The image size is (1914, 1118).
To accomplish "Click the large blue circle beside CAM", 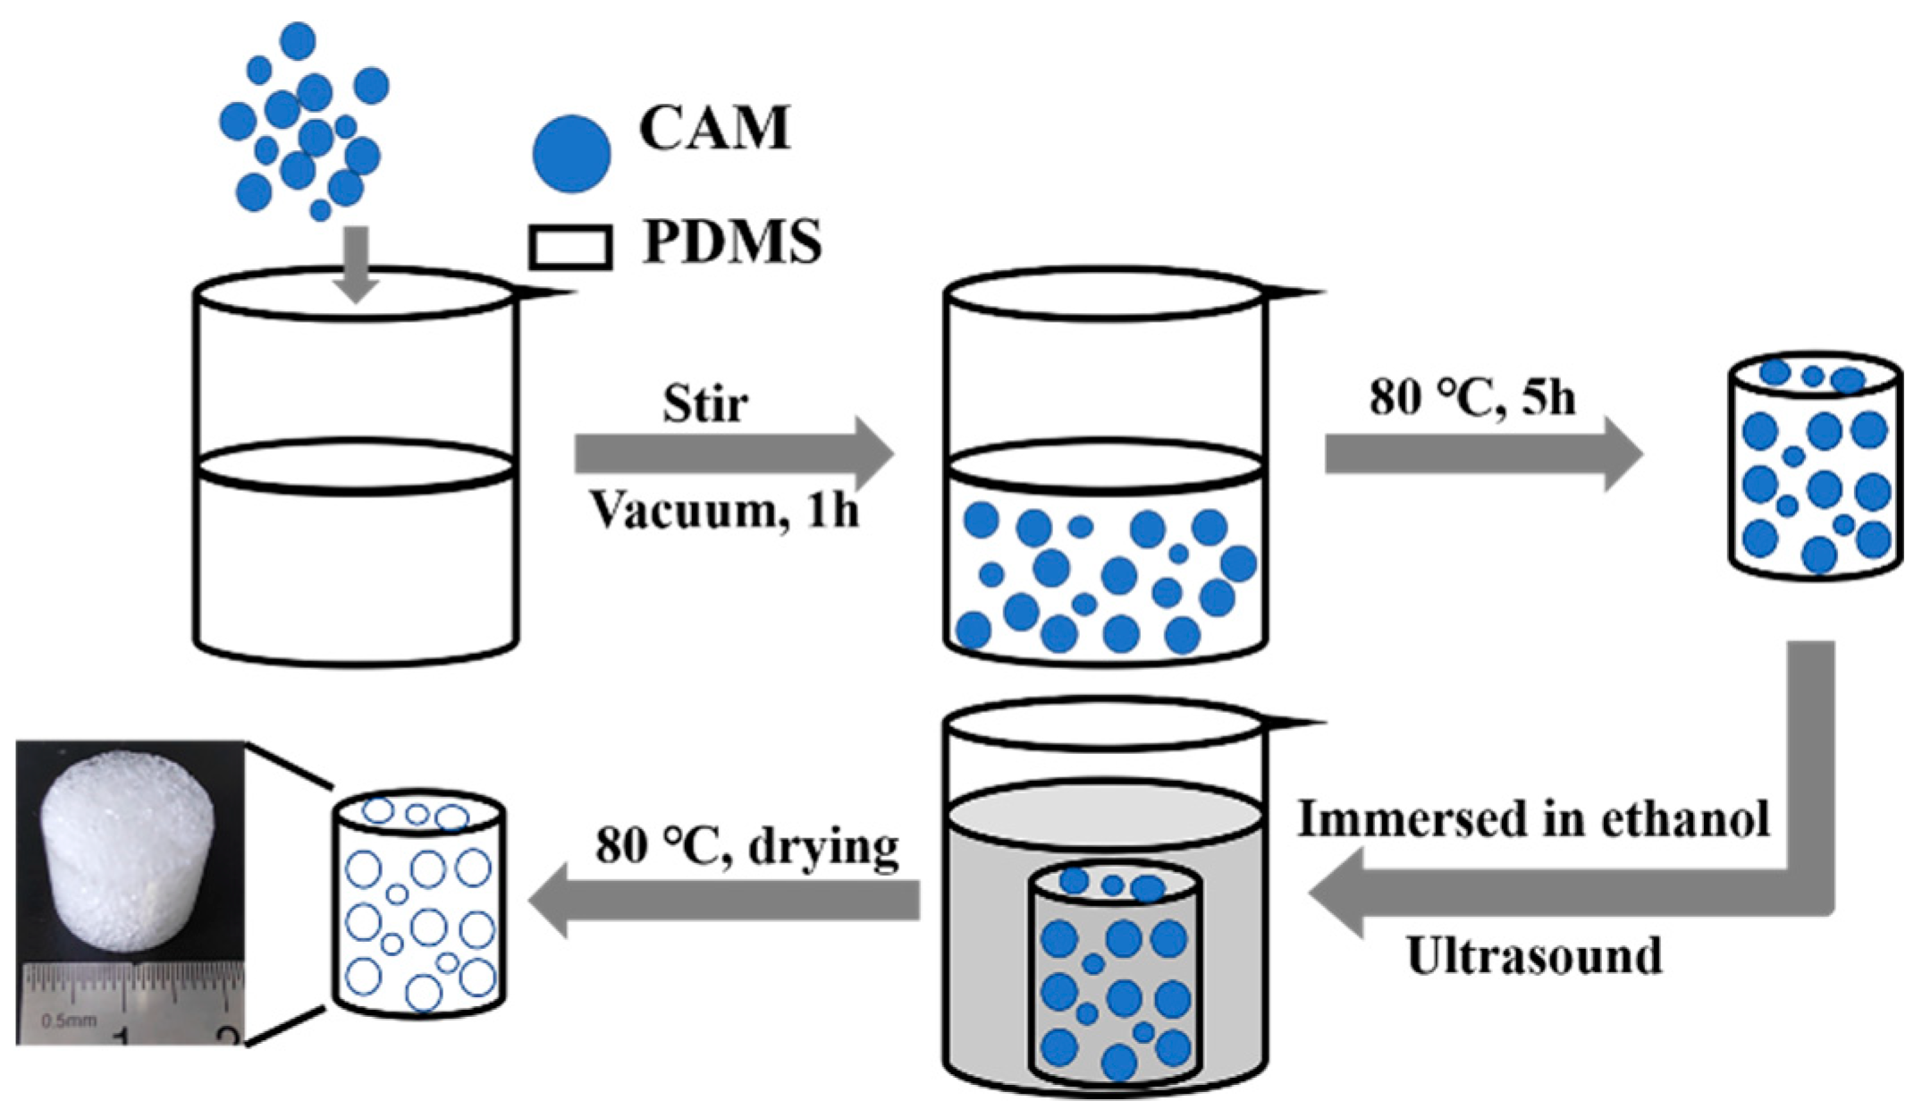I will (571, 154).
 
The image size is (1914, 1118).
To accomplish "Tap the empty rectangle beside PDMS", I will (570, 247).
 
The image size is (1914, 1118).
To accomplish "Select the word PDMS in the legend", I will (731, 242).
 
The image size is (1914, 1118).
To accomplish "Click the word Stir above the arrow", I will (704, 404).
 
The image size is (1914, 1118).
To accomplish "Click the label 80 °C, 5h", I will (1471, 395).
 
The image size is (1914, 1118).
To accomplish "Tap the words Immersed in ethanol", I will (1533, 818).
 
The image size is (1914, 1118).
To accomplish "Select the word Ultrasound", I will (1534, 955).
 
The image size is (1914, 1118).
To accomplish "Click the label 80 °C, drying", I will (747, 846).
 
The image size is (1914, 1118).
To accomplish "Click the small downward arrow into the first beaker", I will (356, 265).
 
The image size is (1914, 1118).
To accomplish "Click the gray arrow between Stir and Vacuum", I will (733, 454).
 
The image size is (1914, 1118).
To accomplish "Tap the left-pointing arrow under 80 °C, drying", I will (724, 900).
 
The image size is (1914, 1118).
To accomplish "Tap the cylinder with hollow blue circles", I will (419, 903).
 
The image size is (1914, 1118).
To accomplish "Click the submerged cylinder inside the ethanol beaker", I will (1115, 975).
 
